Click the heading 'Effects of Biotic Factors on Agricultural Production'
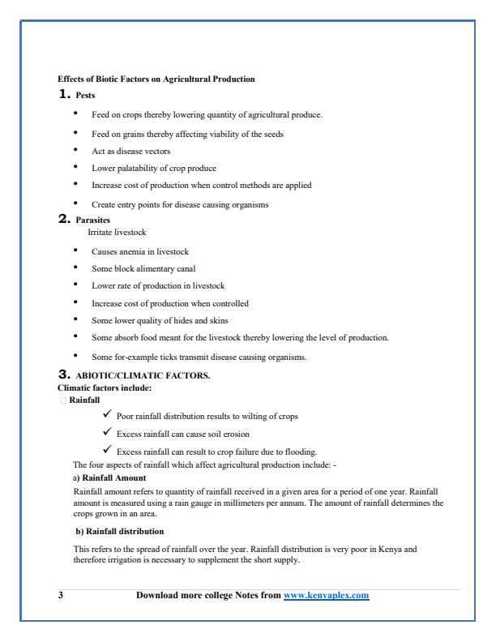click(156, 79)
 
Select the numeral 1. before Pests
click(63, 95)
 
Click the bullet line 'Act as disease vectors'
click(130, 151)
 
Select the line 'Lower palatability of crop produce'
click(154, 168)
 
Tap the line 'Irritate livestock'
click(117, 232)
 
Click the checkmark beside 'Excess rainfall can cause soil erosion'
click(106, 433)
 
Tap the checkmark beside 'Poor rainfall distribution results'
click(106, 415)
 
